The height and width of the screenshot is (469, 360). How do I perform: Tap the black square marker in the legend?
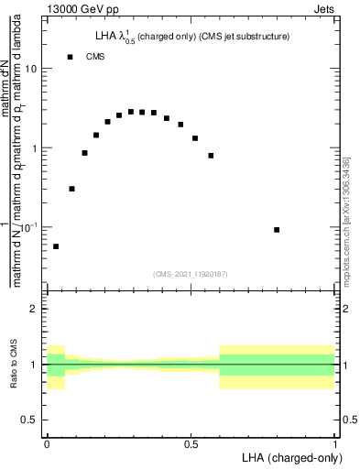pyautogui.click(x=70, y=57)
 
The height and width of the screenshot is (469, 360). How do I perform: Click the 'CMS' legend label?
pyautogui.click(x=95, y=57)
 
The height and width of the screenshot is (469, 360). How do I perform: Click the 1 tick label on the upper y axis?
pyautogui.click(x=34, y=148)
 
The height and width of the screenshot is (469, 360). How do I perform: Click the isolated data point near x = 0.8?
pyautogui.click(x=277, y=230)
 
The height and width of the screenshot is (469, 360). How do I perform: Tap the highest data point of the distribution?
pyautogui.click(x=131, y=112)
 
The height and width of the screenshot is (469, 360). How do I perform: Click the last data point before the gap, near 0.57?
pyautogui.click(x=211, y=156)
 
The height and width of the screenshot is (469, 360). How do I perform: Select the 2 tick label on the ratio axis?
pyautogui.click(x=34, y=309)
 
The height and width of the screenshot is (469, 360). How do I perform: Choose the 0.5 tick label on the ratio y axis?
pyautogui.click(x=29, y=420)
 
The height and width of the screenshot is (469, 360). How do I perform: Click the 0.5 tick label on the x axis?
pyautogui.click(x=191, y=443)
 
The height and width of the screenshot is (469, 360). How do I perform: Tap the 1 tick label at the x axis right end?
pyautogui.click(x=334, y=443)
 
